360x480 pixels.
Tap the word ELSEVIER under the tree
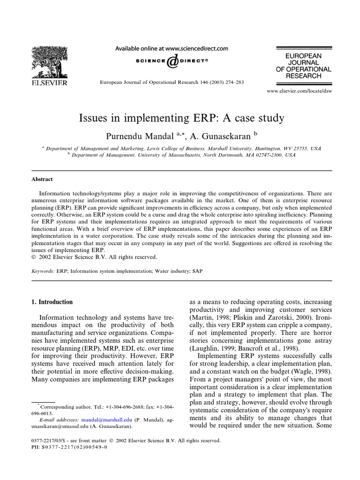[x=49, y=83]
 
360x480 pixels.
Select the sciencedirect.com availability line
[x=172, y=48]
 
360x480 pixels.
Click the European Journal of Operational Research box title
[x=303, y=66]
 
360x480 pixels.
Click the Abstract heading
[x=42, y=179]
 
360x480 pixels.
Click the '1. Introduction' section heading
[x=52, y=302]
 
